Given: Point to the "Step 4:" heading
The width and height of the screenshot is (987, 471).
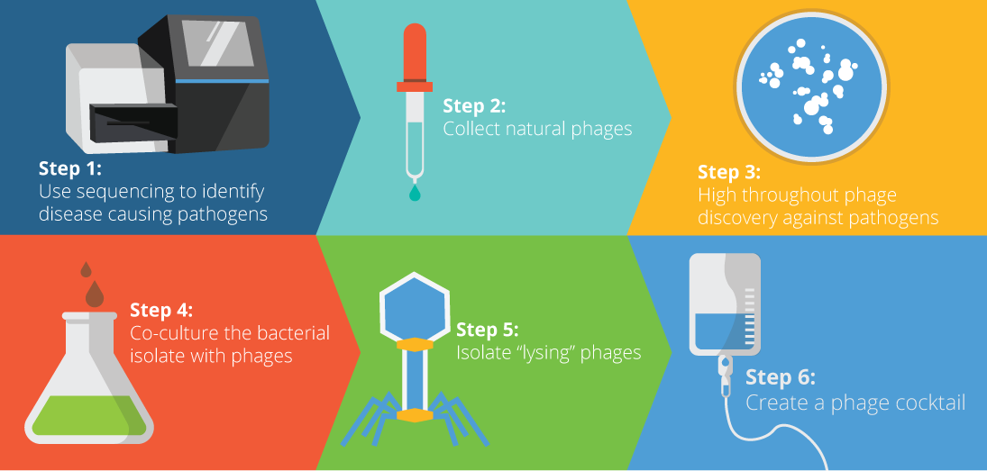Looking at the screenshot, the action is [161, 310].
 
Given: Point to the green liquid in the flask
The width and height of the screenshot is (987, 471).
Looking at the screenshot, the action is [88, 416].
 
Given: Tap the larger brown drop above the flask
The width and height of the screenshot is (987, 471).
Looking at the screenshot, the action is [95, 294].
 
